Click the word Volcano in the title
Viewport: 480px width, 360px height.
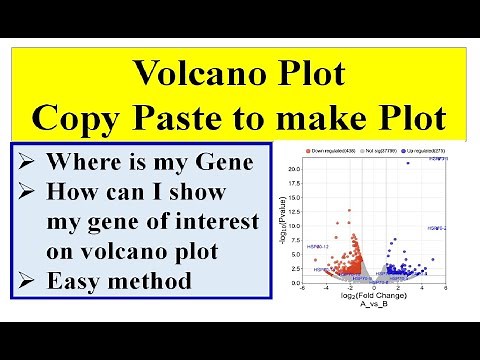184,74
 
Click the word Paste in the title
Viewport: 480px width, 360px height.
229,118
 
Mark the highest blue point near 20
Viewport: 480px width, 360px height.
408,163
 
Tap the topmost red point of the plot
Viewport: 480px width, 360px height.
350,209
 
